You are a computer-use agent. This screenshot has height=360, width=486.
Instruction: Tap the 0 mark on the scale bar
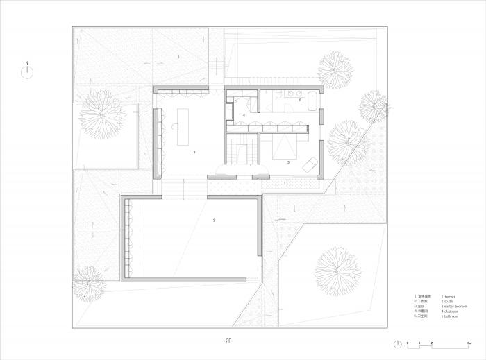(x=409, y=344)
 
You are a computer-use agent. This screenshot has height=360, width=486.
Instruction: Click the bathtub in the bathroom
(x=311, y=101)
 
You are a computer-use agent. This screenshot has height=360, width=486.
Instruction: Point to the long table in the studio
(x=185, y=126)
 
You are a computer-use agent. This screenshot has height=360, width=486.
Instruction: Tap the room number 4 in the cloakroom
(x=244, y=115)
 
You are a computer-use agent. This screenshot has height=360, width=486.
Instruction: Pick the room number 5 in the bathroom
(x=300, y=101)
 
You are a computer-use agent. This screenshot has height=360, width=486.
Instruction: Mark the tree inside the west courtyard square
(x=103, y=115)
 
